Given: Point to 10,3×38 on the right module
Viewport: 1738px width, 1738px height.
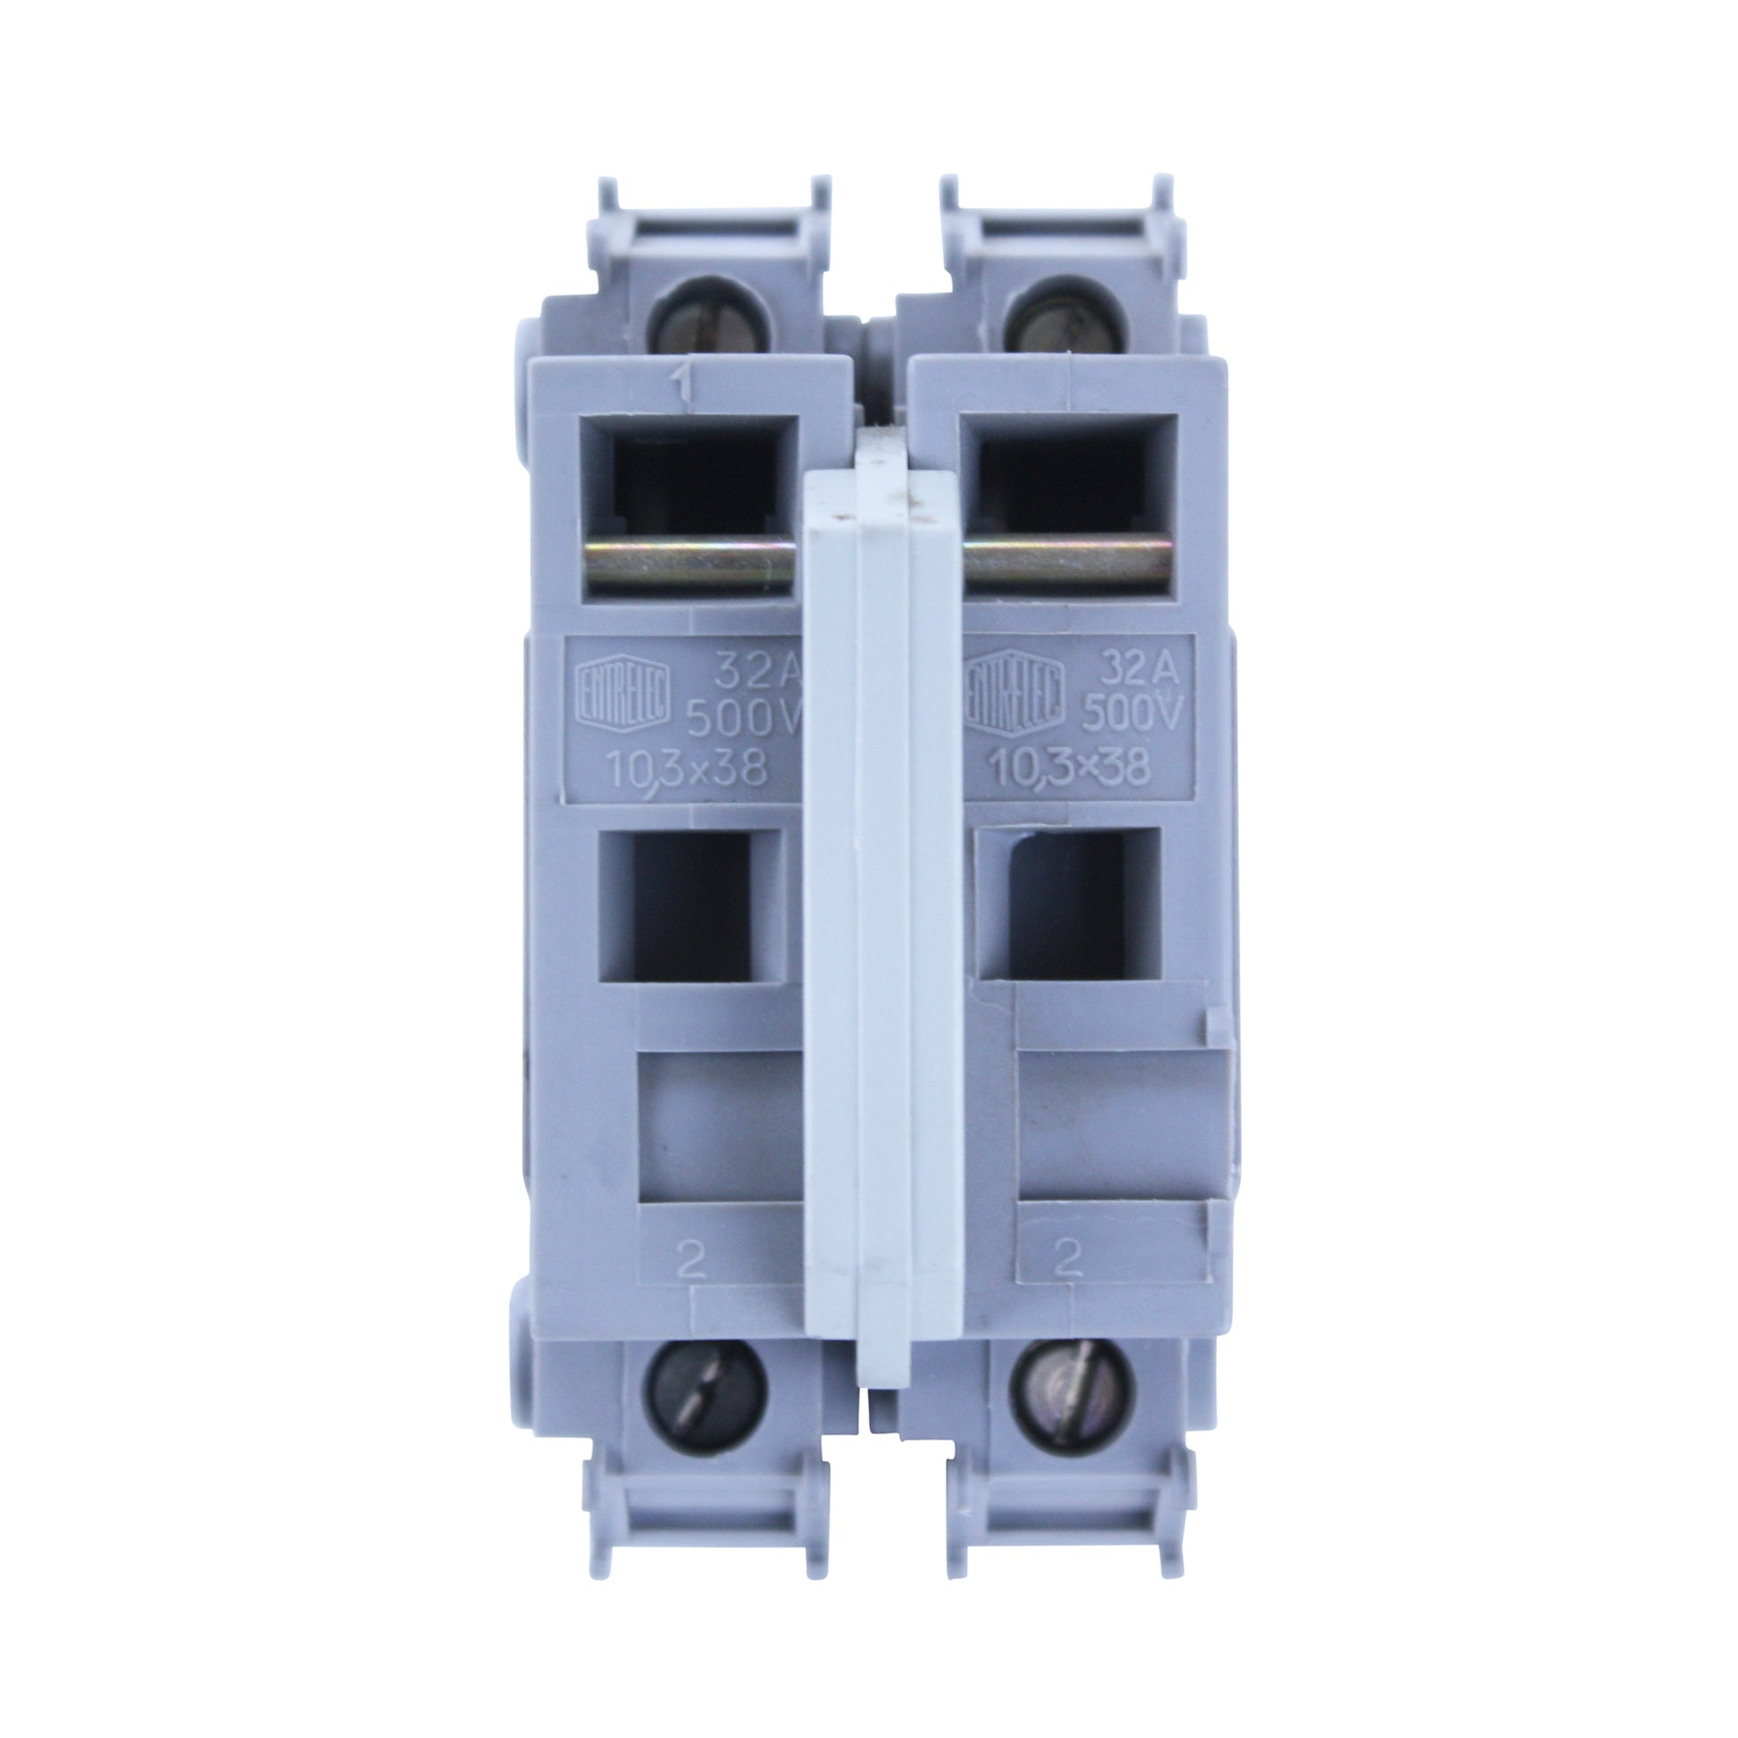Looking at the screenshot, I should [1070, 766].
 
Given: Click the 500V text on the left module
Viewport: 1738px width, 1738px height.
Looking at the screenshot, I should [742, 717].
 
